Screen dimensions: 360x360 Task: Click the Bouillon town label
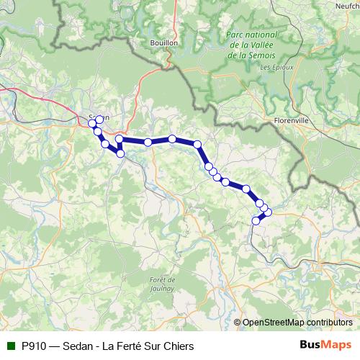pos(164,43)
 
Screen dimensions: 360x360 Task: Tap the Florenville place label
pos(292,121)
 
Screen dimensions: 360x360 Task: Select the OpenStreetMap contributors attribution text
pos(297,323)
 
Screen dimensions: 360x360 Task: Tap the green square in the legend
pos(10,346)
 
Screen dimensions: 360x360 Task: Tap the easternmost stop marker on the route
pos(268,211)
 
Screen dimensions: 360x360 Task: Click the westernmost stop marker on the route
pos(92,124)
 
